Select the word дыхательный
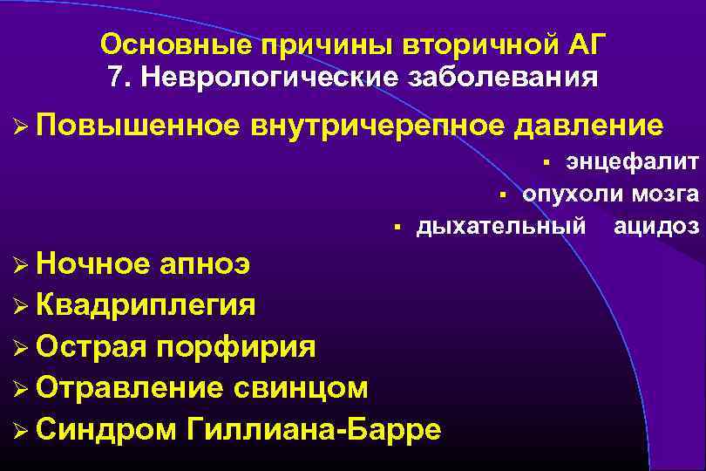point(500,227)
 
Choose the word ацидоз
point(656,227)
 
